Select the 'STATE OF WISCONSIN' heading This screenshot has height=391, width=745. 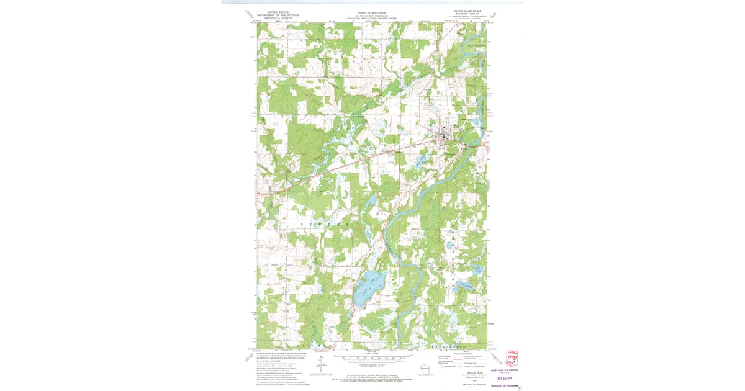[x=371, y=12]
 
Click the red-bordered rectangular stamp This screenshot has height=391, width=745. [x=512, y=359]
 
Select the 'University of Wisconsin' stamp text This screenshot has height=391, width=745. [x=505, y=385]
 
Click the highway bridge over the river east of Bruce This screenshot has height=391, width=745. [x=466, y=144]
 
